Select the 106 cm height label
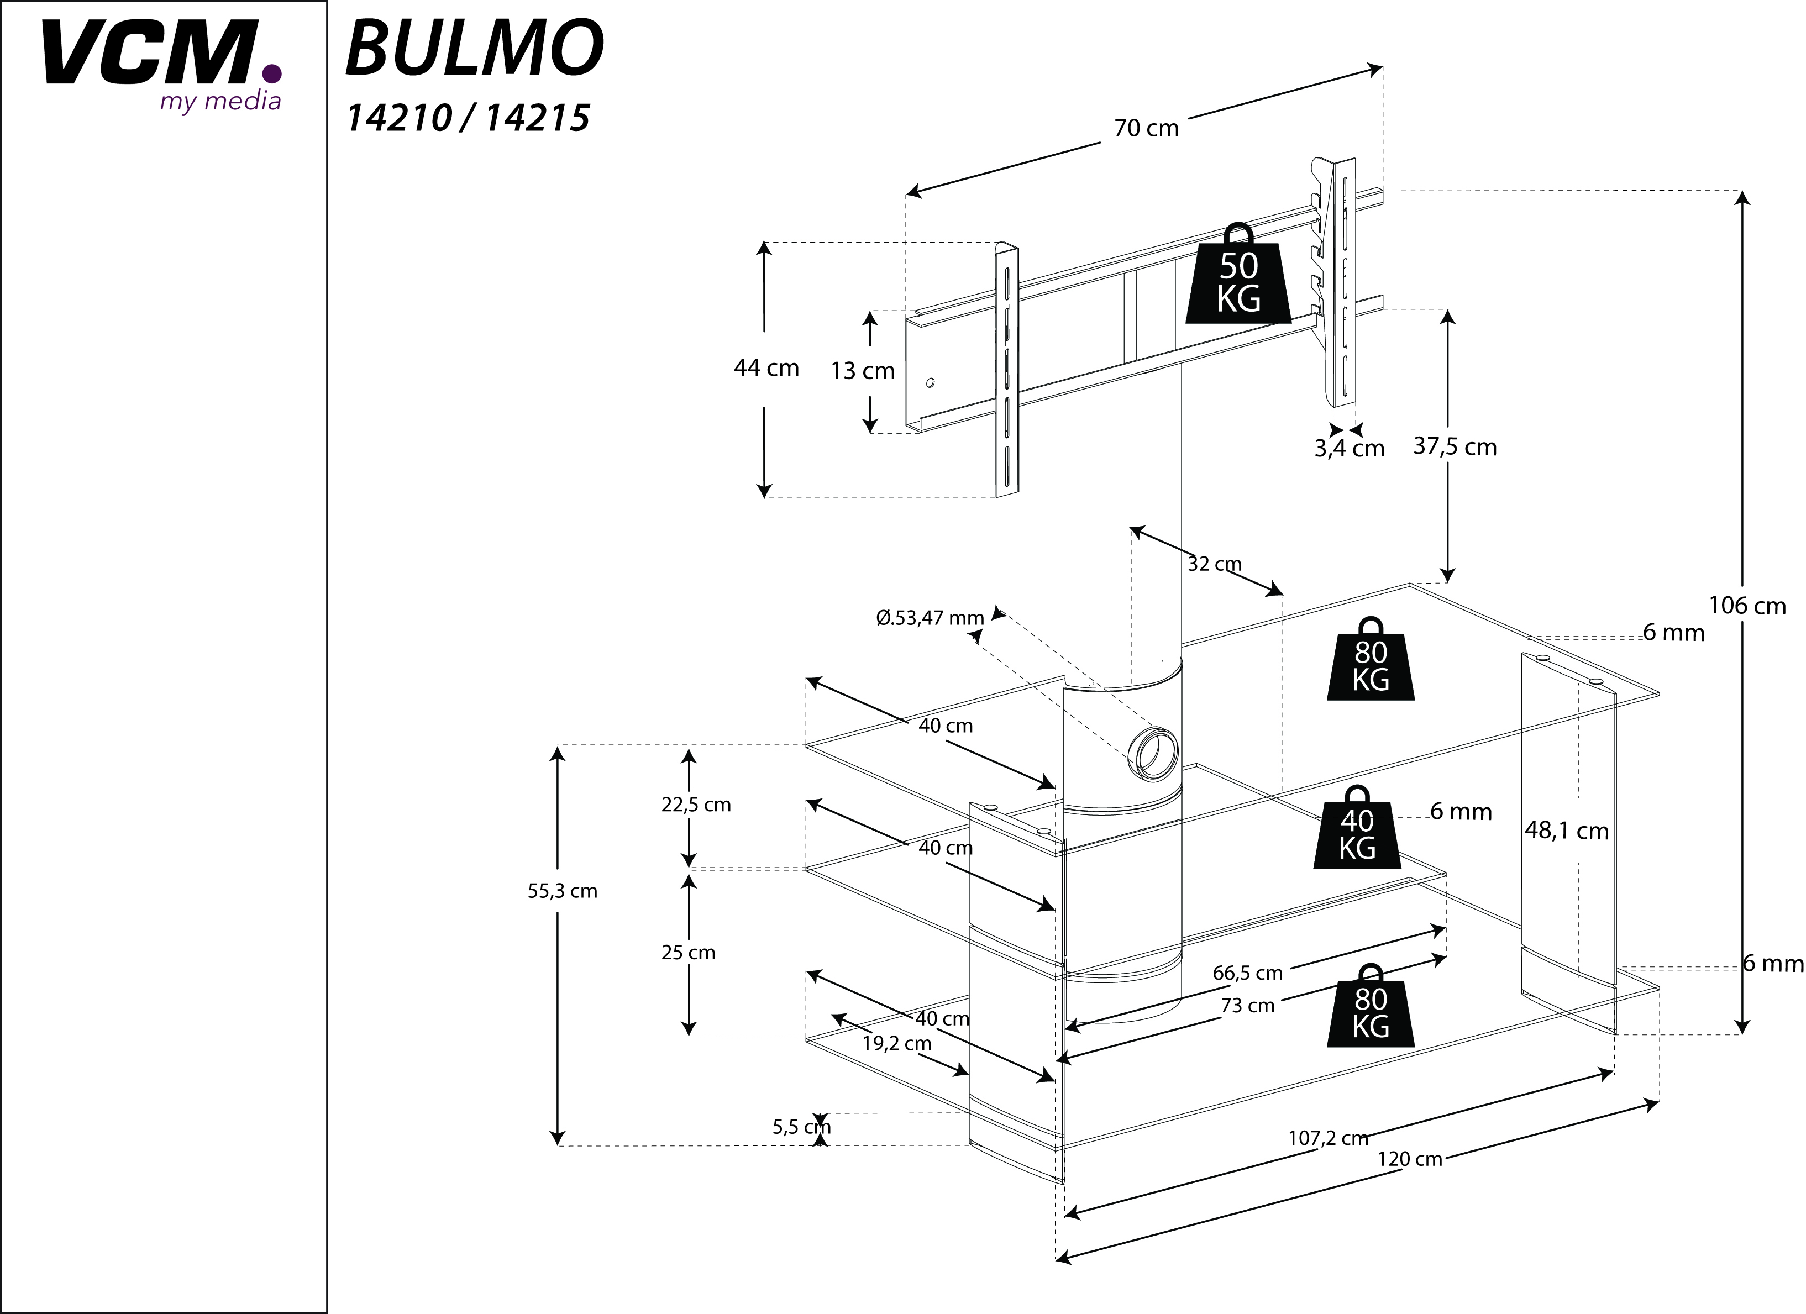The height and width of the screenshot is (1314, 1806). coord(1747,606)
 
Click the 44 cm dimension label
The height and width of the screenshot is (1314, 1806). coord(766,368)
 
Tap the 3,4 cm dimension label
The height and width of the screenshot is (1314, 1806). coord(1349,448)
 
